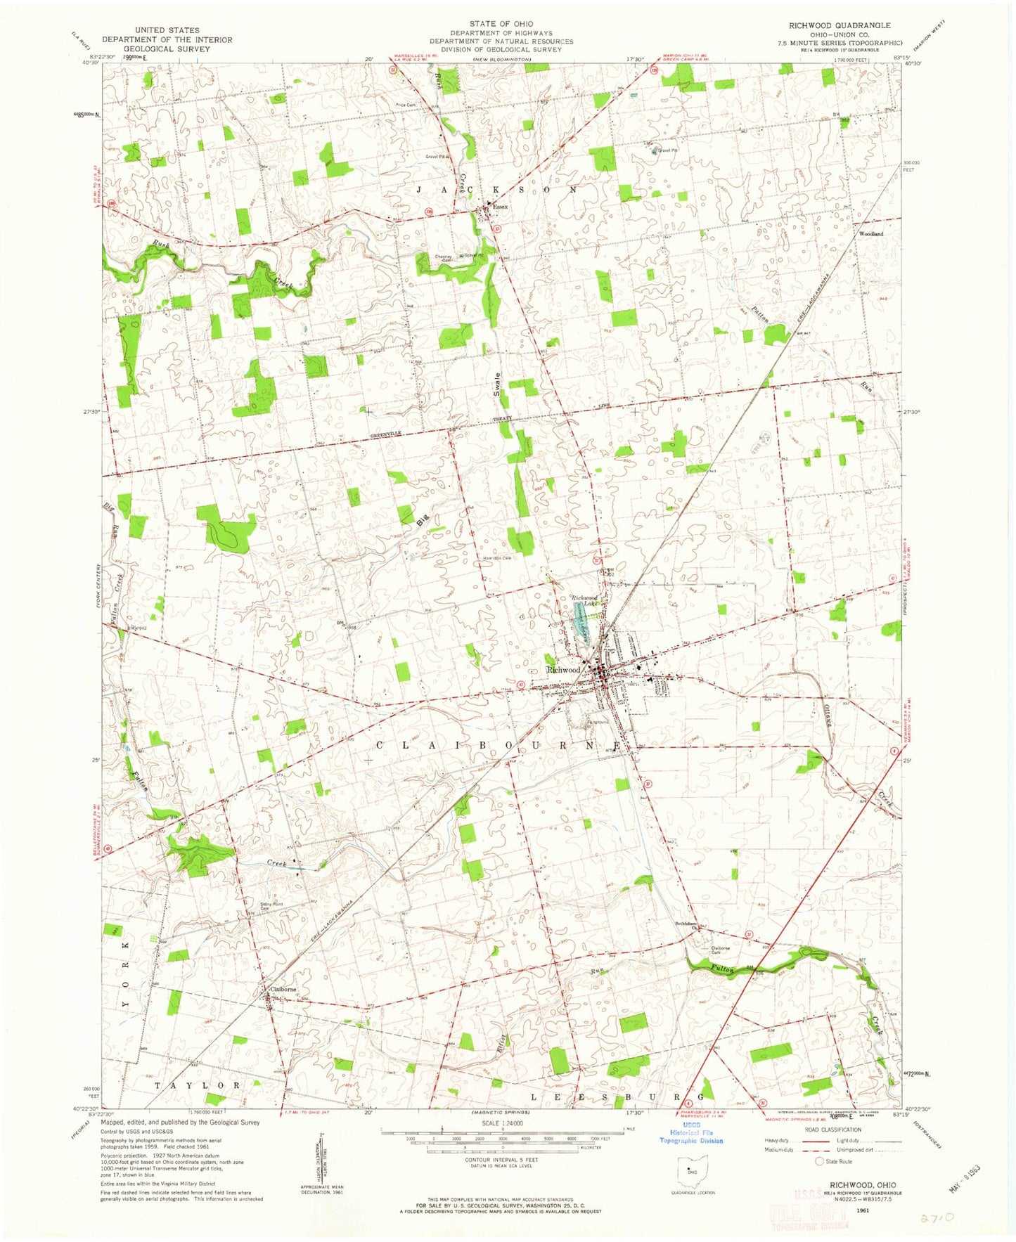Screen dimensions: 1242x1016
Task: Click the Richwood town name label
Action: (x=563, y=670)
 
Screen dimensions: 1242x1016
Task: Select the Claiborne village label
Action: (x=283, y=989)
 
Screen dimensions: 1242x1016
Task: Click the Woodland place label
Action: (x=870, y=233)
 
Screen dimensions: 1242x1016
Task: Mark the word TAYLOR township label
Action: (x=197, y=1085)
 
